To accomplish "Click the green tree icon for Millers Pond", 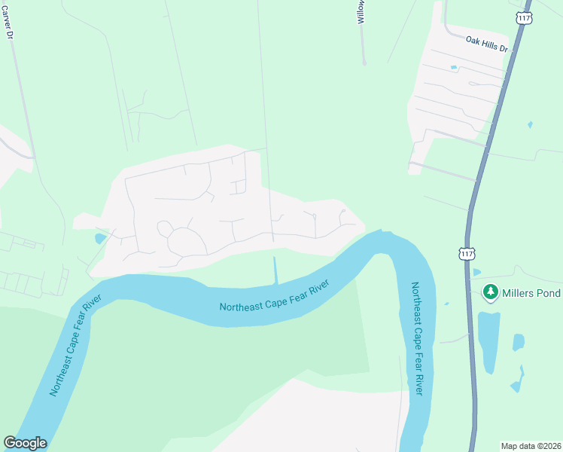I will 491,291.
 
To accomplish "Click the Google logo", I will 25,443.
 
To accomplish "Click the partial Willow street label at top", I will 361,12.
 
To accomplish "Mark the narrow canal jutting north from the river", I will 275,270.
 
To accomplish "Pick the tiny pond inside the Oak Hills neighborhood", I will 453,68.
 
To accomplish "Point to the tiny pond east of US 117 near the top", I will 530,124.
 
